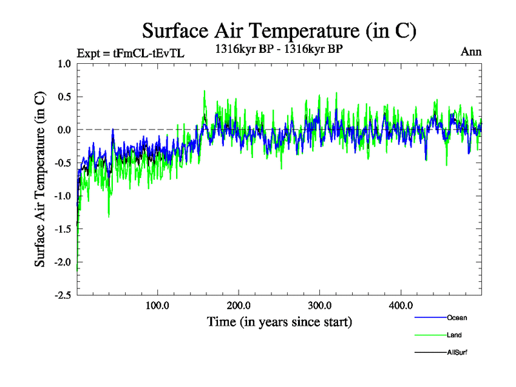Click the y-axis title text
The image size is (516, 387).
coord(40,180)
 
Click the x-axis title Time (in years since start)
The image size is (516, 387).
coord(279,321)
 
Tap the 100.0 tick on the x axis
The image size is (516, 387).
coord(157,304)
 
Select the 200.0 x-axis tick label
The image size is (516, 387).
coord(239,304)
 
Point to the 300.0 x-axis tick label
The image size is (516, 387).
coord(320,304)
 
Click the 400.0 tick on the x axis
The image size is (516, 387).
coord(401,304)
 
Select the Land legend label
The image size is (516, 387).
coord(454,335)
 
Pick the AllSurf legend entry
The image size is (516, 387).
coord(457,352)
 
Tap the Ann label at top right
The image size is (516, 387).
coord(471,52)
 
